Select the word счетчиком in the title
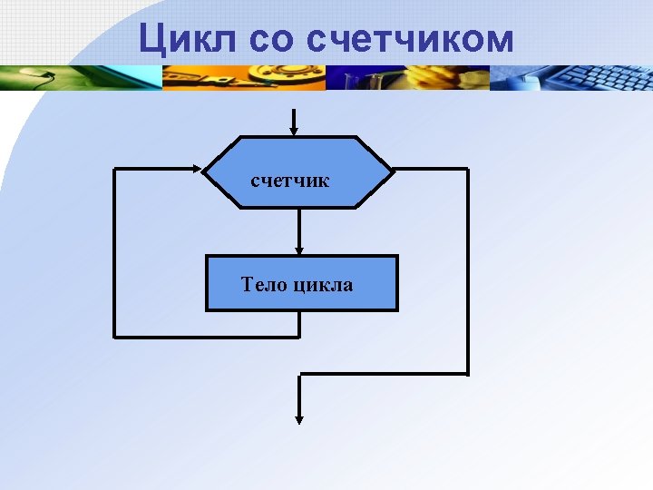411,40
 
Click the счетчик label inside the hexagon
289,181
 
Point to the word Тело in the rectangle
264,285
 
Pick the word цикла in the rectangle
323,285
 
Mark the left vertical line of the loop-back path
114,254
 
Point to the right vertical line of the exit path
467,272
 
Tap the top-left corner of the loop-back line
114,169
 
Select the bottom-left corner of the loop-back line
114,337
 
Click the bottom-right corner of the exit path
467,373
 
